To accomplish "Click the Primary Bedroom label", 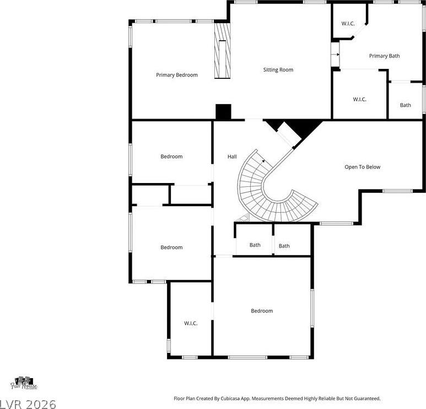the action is (x=177, y=75).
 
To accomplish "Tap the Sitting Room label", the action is (x=278, y=70).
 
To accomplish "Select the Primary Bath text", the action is (x=385, y=56).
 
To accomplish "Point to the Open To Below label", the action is (x=363, y=167).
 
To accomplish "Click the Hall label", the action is (x=232, y=157).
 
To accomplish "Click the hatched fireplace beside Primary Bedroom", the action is (x=223, y=51).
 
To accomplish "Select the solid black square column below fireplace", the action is (x=223, y=112).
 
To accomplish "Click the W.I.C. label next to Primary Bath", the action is (x=348, y=24).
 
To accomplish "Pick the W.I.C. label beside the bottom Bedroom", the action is (x=191, y=324).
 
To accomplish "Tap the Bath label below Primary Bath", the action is (x=406, y=105).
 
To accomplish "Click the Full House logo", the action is (x=24, y=383).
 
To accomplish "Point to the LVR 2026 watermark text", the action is (x=28, y=404).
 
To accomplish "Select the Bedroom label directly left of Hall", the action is (x=171, y=157).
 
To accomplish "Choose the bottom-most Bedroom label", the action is (x=262, y=311).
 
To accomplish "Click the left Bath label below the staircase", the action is (x=255, y=245).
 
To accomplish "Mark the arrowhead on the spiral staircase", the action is (x=263, y=161).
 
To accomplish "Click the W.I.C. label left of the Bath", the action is (x=360, y=99).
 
